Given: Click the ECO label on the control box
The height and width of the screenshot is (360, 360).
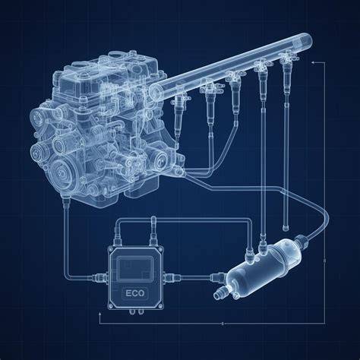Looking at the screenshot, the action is click(135, 293).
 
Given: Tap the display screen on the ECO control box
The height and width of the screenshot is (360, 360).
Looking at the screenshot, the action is click(136, 269).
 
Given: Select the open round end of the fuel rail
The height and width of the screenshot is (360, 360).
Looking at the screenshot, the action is click(155, 92).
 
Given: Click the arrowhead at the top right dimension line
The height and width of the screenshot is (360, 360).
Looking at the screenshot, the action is click(314, 62).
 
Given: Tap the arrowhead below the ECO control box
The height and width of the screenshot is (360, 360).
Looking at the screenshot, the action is click(99, 314).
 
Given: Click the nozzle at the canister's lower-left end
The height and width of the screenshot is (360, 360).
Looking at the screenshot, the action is click(219, 294).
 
